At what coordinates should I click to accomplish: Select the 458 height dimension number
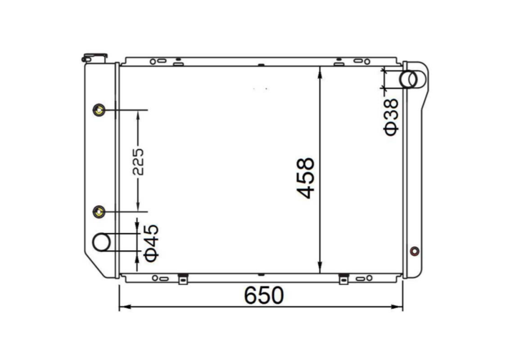pos(306,178)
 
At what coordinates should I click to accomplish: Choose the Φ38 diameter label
pos(391,117)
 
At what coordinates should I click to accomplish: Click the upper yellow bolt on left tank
pos(99,110)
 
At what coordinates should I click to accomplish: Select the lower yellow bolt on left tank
pos(99,211)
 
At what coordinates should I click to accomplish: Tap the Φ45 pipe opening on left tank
pos(101,242)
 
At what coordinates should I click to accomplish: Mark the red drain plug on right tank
pos(414,251)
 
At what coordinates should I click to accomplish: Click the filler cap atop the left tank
pos(94,57)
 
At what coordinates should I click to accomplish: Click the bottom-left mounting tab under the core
pos(183,279)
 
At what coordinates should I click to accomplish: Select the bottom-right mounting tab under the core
pos(343,279)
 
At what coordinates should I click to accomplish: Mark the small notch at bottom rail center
pos(261,274)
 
